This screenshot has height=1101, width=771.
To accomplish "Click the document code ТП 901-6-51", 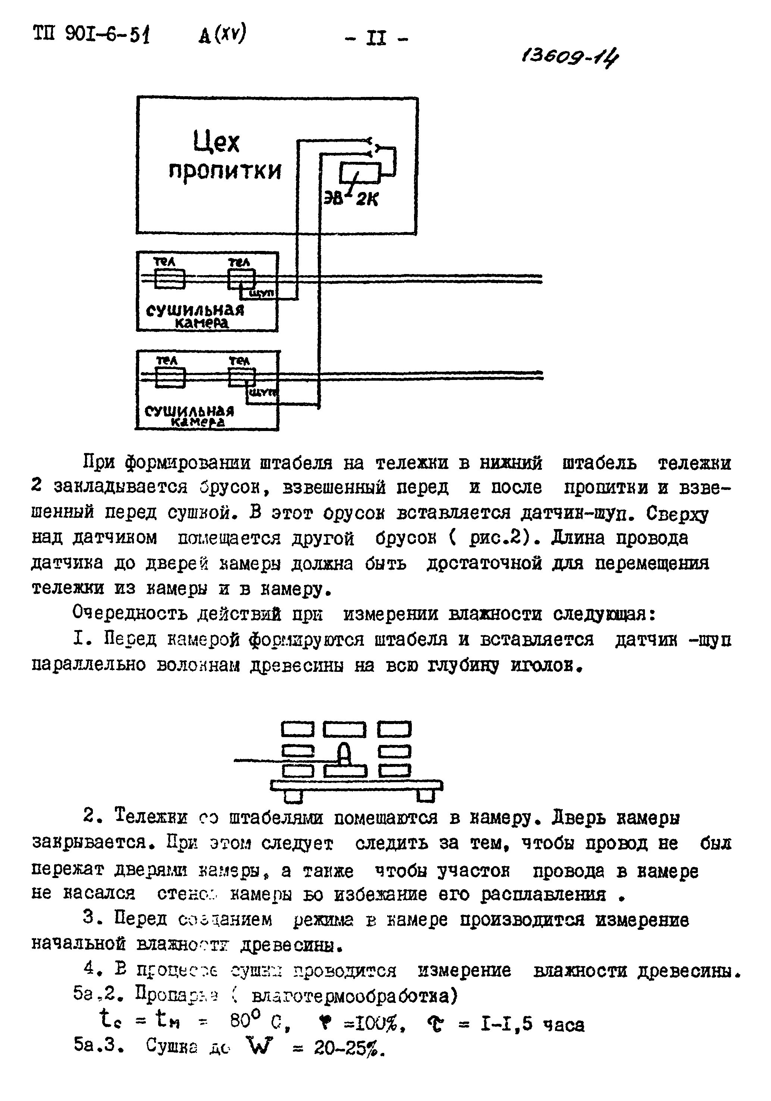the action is click(91, 35).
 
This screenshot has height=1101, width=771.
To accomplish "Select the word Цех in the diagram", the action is click(216, 142).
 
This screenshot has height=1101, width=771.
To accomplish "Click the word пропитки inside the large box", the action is click(225, 171).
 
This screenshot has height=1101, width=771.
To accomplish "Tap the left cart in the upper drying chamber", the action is click(170, 279).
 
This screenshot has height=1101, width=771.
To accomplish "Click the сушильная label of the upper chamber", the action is click(195, 310).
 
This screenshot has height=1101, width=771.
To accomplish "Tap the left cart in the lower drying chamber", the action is click(171, 377).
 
